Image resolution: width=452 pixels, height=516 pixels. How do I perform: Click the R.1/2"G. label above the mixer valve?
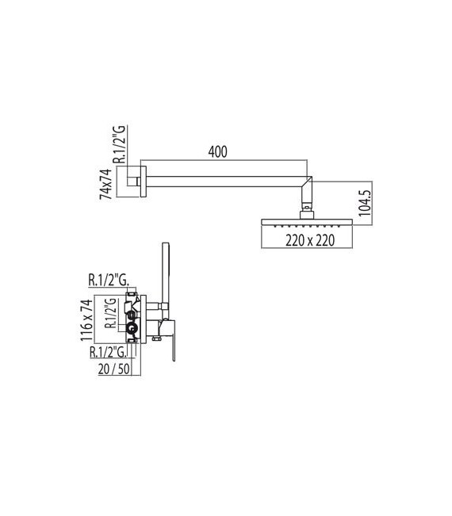click(x=109, y=278)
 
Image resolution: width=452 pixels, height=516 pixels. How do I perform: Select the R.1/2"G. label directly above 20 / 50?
click(x=109, y=351)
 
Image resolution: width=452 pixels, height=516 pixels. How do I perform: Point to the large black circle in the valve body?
click(x=132, y=326)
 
